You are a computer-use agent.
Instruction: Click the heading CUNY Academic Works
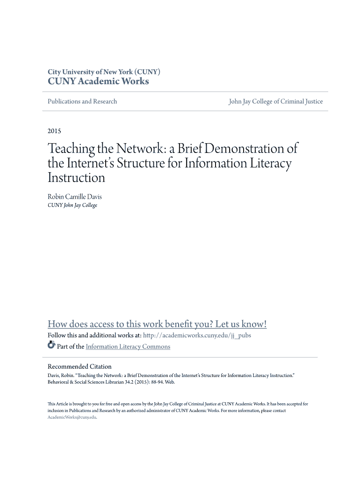98,81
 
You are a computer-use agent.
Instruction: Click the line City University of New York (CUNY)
104,72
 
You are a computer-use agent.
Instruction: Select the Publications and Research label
82,102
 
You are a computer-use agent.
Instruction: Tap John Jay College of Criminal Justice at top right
275,102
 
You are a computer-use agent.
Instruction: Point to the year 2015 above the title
54,131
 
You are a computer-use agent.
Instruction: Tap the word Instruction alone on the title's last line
76,178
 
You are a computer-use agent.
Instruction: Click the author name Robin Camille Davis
75,197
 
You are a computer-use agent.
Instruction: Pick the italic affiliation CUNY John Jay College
72,205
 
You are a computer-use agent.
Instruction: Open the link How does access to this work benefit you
157,324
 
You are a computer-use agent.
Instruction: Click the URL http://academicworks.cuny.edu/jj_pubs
197,335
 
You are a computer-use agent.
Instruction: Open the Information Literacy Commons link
128,347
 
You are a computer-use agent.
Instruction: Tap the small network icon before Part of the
51,346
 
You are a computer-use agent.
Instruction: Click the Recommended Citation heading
79,367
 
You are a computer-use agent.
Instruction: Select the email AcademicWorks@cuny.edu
72,417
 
